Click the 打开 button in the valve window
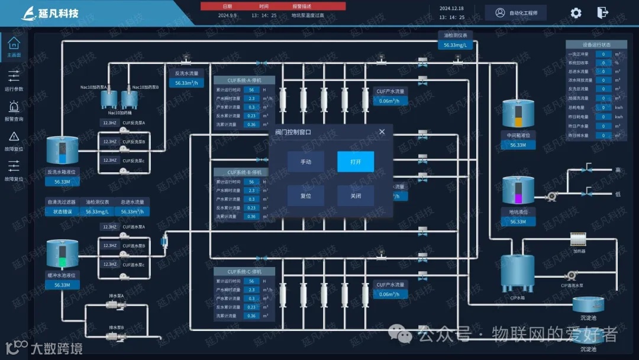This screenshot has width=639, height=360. click(x=355, y=162)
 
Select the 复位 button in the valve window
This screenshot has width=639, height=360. click(x=305, y=196)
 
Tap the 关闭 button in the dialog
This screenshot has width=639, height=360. click(x=355, y=196)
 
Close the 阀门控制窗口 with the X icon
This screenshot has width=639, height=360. click(x=382, y=132)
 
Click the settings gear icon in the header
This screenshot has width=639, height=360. click(x=576, y=13)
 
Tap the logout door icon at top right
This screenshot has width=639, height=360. click(x=602, y=13)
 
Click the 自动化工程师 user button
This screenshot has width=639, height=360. click(x=516, y=13)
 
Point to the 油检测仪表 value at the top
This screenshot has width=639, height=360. click(x=456, y=45)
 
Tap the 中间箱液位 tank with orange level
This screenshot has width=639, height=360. click(x=518, y=115)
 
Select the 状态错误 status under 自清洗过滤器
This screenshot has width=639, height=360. click(x=62, y=211)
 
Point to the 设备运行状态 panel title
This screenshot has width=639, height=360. click(x=596, y=45)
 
